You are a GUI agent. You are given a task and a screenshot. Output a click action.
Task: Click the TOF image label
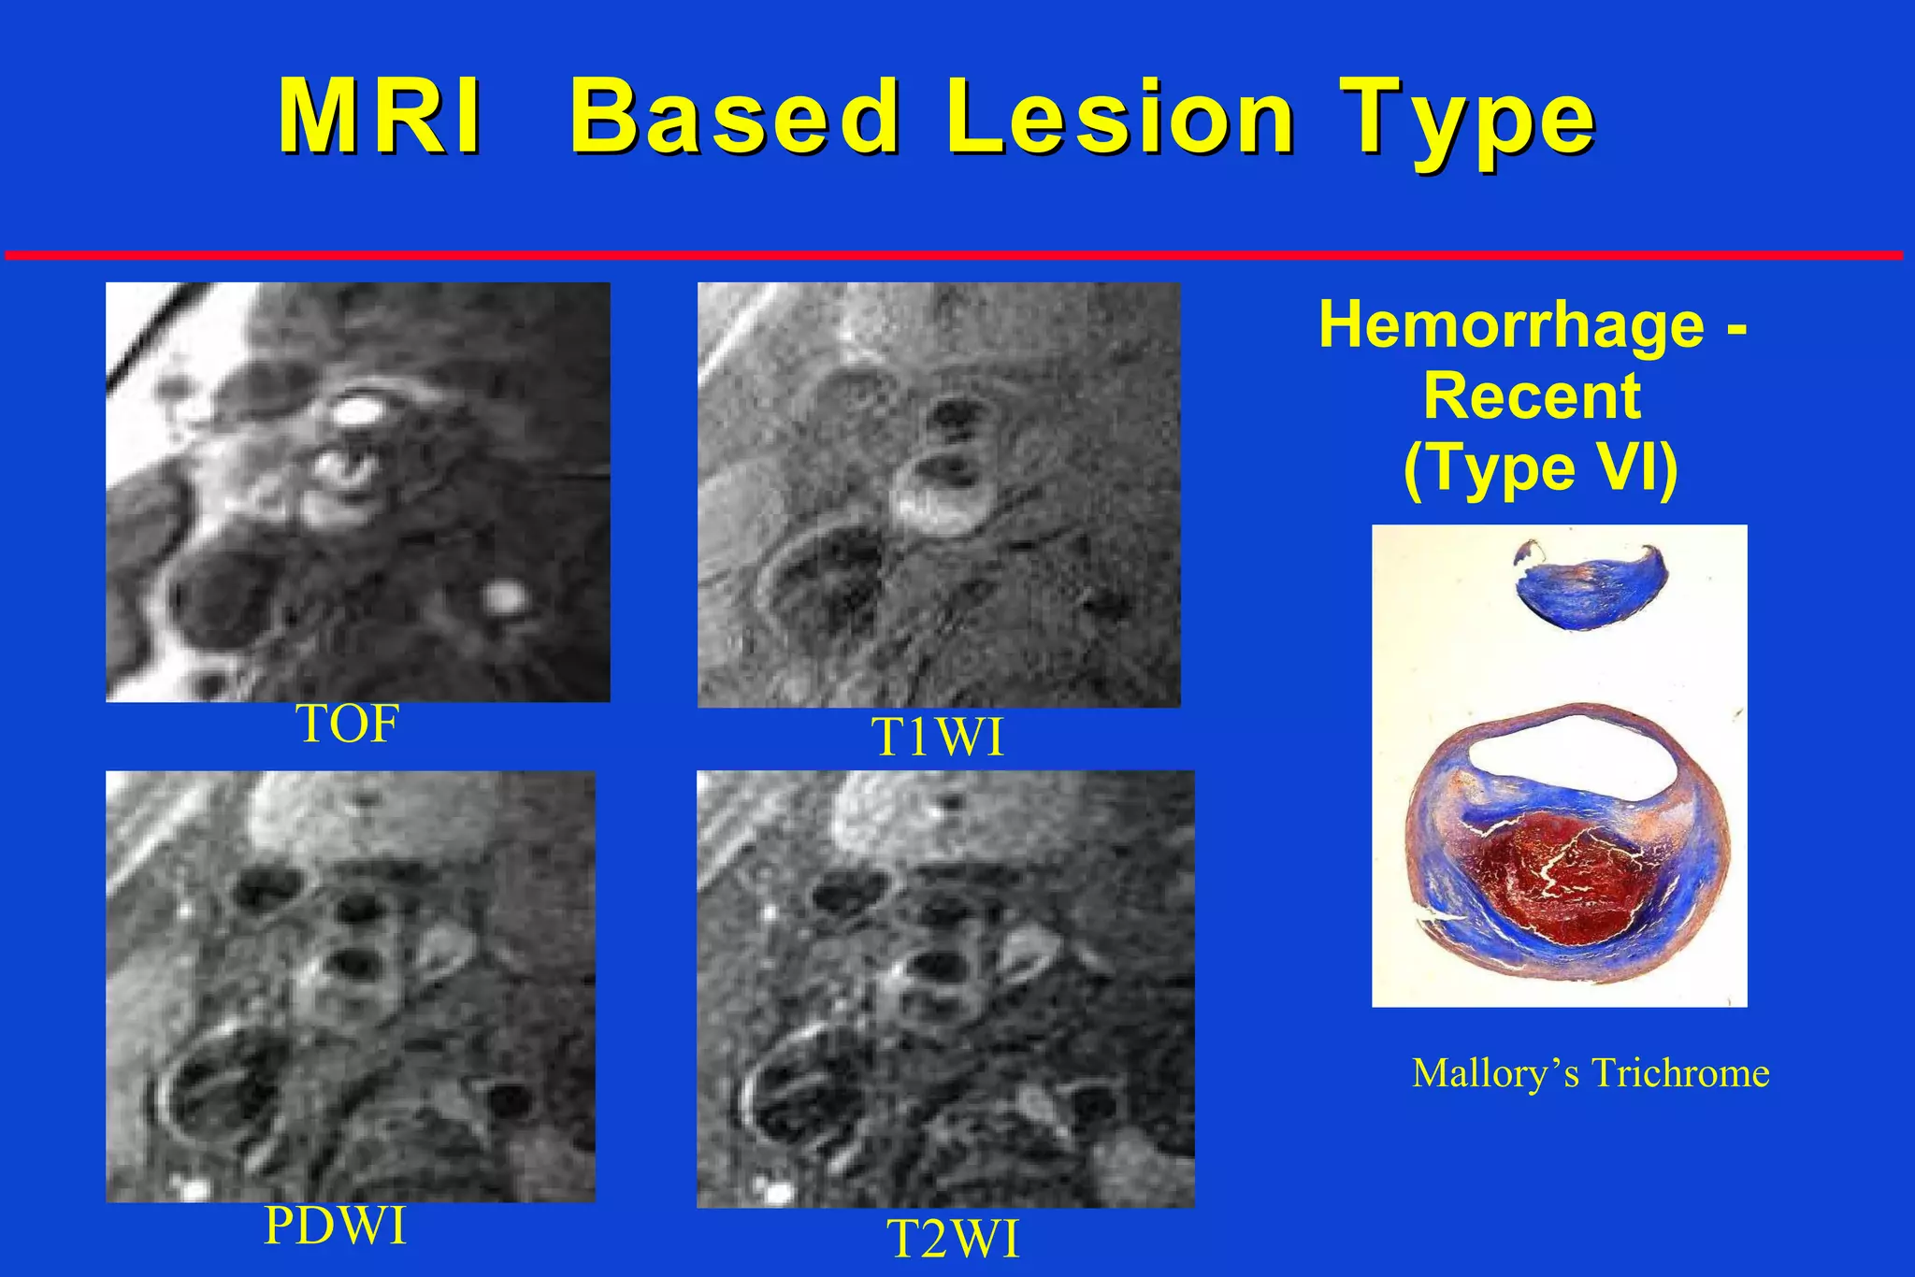347,725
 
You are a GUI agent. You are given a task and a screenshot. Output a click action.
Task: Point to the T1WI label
938,739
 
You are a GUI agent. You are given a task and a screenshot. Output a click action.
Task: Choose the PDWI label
336,1226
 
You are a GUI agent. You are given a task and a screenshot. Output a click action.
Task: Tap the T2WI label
952,1241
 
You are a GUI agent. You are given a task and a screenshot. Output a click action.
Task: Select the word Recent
1532,396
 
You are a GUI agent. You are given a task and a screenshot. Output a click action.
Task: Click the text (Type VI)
1540,467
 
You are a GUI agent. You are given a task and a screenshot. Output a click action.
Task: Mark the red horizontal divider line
954,254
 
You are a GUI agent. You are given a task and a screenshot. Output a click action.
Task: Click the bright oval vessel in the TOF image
359,411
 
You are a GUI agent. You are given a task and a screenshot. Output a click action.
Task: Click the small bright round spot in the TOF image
506,595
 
